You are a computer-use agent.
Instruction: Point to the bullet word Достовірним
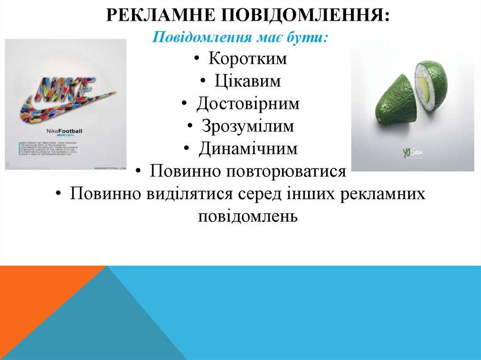tap(248, 104)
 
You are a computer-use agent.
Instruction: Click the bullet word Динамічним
tap(248, 149)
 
